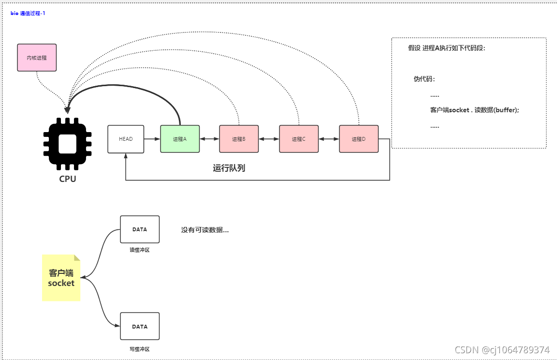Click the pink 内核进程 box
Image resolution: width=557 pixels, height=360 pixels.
[x=37, y=58]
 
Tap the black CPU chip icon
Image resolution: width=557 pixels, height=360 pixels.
[x=68, y=144]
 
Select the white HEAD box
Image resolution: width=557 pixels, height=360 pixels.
[x=126, y=139]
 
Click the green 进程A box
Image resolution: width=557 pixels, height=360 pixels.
[x=180, y=139]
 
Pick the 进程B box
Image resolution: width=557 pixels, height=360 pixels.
[x=239, y=139]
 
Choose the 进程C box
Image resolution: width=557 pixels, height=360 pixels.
[x=299, y=139]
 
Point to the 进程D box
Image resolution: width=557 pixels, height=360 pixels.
[x=359, y=139]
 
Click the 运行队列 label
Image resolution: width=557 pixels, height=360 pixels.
[x=229, y=168]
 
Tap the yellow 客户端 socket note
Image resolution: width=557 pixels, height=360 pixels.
[x=61, y=278]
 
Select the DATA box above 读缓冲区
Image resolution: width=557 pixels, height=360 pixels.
[x=139, y=229]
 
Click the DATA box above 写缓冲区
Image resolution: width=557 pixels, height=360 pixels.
[x=139, y=326]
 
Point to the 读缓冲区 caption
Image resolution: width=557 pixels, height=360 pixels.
[x=140, y=250]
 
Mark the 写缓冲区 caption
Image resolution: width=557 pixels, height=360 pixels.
[x=140, y=349]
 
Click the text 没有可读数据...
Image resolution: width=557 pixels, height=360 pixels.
[x=205, y=230]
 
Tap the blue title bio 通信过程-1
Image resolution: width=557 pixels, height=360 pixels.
[x=28, y=13]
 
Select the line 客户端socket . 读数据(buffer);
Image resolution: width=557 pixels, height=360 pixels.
[x=474, y=110]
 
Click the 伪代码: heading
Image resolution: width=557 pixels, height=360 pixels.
[x=424, y=79]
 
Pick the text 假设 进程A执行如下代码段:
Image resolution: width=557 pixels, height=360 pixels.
[x=446, y=48]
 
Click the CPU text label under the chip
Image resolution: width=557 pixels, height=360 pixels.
[x=68, y=179]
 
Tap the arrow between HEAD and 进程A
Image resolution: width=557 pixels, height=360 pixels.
[x=152, y=139]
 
